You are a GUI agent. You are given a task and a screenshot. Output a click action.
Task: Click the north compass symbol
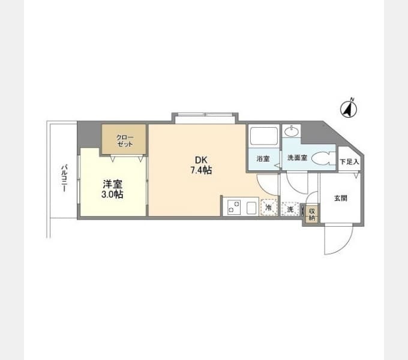(349, 109)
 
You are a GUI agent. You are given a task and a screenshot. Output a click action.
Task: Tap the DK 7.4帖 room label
(201, 165)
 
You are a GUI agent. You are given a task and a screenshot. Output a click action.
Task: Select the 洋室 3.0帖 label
(112, 189)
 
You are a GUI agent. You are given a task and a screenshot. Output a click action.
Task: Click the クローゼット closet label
(125, 141)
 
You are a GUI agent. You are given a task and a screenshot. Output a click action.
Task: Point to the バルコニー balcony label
(64, 178)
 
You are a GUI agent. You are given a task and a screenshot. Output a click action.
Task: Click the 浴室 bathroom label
(263, 158)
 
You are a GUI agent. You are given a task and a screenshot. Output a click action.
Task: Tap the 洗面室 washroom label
(297, 158)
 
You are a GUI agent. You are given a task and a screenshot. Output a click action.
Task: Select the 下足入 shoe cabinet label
(349, 162)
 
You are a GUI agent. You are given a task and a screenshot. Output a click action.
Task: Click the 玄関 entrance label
(341, 198)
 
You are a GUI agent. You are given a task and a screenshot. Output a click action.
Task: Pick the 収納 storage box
(312, 214)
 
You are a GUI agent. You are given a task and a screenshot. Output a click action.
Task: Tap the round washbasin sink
(292, 131)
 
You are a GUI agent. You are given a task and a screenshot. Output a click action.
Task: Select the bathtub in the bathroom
(263, 136)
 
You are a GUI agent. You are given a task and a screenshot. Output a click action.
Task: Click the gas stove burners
(233, 207)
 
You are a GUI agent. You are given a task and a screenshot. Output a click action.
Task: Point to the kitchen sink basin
(251, 208)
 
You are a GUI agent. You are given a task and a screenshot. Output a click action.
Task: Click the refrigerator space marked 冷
(269, 208)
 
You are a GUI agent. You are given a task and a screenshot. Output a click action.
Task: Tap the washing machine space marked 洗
(290, 209)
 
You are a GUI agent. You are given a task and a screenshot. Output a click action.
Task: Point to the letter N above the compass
(352, 99)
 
